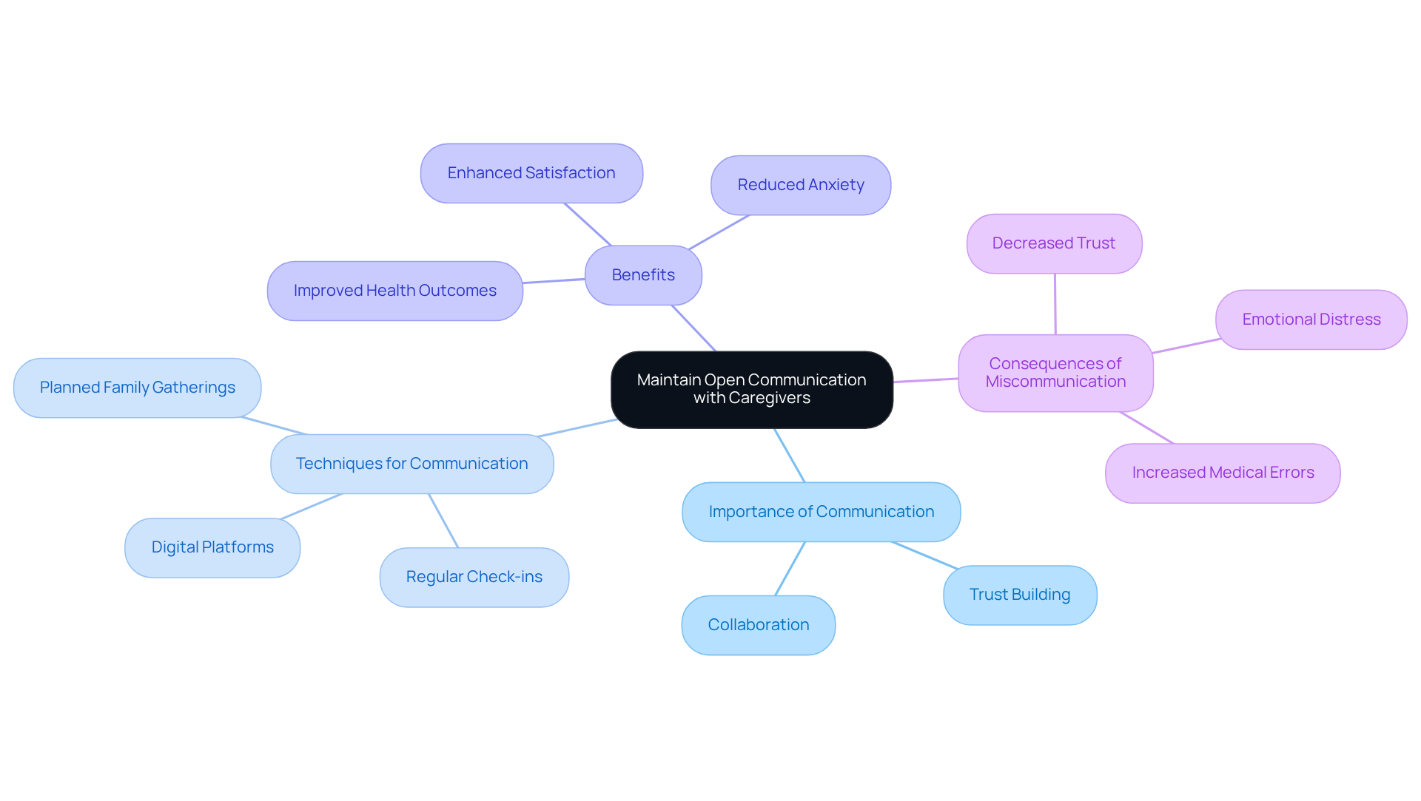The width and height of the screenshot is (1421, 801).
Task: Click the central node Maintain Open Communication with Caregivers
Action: (751, 389)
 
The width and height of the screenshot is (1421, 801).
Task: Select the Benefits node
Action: (643, 275)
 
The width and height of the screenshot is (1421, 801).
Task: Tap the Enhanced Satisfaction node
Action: (531, 173)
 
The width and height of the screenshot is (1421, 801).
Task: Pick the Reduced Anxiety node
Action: (800, 185)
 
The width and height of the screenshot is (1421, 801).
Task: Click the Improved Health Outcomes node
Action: (394, 291)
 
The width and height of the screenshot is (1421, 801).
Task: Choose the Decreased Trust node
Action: (1053, 243)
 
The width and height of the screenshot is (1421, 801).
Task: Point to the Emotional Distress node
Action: (1311, 320)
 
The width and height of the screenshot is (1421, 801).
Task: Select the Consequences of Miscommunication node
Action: (1055, 373)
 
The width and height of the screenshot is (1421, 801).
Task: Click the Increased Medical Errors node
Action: (1223, 473)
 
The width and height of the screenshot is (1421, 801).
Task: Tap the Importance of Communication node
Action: (821, 512)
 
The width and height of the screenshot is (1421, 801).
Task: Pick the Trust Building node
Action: (1019, 595)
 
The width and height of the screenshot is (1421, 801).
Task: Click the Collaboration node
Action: (758, 625)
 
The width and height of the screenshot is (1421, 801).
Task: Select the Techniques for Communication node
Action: (411, 464)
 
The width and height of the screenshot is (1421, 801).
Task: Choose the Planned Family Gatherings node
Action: (137, 388)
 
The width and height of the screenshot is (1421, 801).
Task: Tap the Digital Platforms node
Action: (212, 547)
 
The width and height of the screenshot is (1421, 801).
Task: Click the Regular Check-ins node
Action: (474, 577)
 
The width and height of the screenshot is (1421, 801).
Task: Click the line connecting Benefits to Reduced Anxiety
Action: (719, 232)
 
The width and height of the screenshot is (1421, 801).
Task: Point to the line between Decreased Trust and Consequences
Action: (1055, 304)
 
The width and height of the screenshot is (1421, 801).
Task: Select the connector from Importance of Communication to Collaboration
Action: (790, 569)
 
